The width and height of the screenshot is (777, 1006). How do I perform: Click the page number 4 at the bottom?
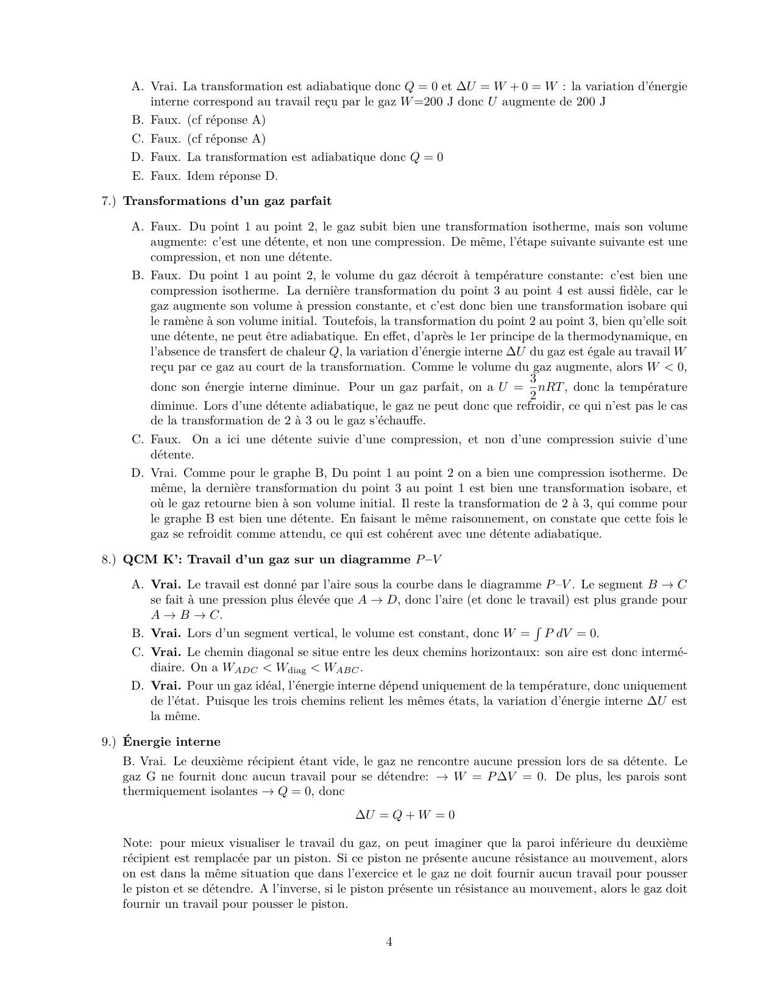coord(389,942)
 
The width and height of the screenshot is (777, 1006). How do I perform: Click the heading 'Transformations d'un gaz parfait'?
coord(227,201)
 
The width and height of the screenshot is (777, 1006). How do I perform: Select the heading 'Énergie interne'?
coord(171,742)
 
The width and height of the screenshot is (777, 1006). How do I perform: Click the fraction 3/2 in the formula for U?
coord(533,387)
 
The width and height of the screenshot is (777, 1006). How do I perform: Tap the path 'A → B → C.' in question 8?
coord(186,615)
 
